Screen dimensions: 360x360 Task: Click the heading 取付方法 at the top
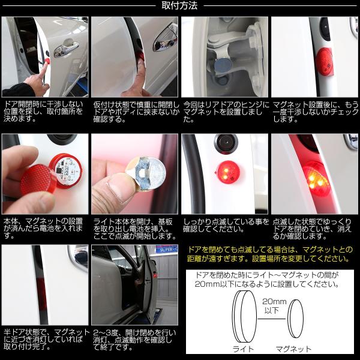pyautogui.click(x=179, y=5)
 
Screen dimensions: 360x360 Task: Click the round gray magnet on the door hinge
pyautogui.click(x=223, y=65)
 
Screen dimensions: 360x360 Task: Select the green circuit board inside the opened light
pyautogui.click(x=65, y=171)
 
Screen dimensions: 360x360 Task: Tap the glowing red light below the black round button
pyautogui.click(x=227, y=172)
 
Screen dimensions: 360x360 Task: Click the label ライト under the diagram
pyautogui.click(x=243, y=349)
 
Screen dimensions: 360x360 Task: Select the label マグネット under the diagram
pyautogui.click(x=293, y=349)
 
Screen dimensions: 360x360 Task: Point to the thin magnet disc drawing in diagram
pyautogui.click(x=296, y=319)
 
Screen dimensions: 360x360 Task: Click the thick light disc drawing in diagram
pyautogui.click(x=244, y=316)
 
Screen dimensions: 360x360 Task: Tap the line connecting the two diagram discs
pyautogui.click(x=272, y=319)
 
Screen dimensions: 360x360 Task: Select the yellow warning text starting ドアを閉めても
pyautogui.click(x=270, y=254)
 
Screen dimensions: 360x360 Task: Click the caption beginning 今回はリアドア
pyautogui.click(x=226, y=112)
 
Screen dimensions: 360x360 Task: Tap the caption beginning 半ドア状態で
pyautogui.click(x=47, y=340)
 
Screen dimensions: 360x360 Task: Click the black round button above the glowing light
pyautogui.click(x=226, y=142)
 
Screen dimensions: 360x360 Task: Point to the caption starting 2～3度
pyautogui.click(x=134, y=340)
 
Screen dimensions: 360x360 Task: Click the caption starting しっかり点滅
pyautogui.click(x=226, y=225)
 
